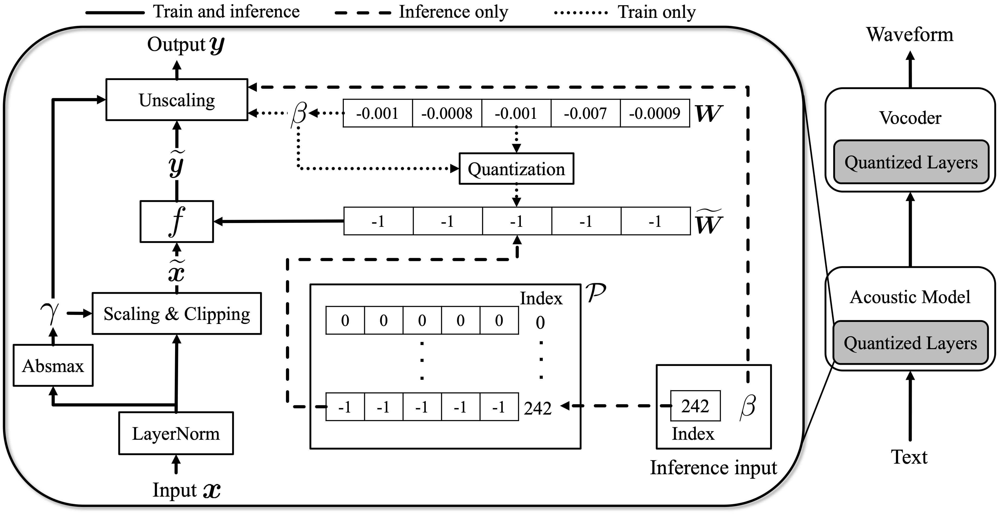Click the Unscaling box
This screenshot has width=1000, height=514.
click(177, 100)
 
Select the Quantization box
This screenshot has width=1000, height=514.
click(516, 169)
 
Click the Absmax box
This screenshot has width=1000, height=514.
click(53, 365)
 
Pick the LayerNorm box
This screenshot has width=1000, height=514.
click(176, 433)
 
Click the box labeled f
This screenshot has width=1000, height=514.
click(177, 222)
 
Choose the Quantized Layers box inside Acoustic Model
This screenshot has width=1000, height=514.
click(910, 343)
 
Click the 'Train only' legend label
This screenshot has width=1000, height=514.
click(656, 12)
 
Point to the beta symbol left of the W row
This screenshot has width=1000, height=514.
click(299, 113)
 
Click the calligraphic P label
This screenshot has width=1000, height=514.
click(596, 293)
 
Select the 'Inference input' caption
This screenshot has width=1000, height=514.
click(714, 467)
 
